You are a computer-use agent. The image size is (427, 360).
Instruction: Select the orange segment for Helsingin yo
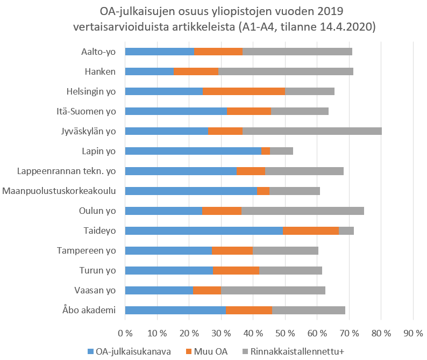coord(244,91)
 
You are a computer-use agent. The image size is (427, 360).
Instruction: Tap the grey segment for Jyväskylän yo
coord(312,131)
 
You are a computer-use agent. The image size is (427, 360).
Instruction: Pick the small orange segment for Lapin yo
coord(265,151)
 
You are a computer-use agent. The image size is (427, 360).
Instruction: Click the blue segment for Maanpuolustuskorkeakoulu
coord(191,191)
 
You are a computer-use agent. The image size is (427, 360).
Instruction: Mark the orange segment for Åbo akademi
coord(248,310)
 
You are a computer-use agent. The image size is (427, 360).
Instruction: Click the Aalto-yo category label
coord(96,52)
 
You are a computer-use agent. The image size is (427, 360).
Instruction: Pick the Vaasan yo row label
coord(95,290)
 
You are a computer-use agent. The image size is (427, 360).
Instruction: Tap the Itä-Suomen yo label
coord(87,111)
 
